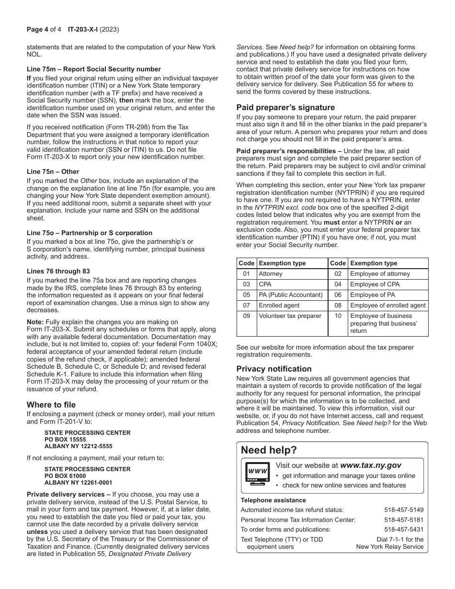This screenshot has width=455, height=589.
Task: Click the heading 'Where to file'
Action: click(51, 405)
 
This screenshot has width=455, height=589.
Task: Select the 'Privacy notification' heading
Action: click(274, 369)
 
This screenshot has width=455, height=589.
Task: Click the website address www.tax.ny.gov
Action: click(371, 465)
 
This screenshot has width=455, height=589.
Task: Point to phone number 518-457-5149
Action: click(404, 510)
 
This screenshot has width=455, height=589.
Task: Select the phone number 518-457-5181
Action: click(404, 520)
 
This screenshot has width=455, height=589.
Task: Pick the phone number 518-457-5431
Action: click(404, 529)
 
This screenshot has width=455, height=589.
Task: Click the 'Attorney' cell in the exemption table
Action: click(271, 274)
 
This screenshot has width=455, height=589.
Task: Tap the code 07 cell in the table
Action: click(246, 306)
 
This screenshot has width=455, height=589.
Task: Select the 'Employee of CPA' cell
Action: click(375, 284)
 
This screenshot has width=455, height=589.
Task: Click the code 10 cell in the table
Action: click(338, 316)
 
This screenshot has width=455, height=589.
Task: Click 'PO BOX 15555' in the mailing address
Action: click(65, 439)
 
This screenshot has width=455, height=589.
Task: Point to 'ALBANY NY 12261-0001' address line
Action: click(78, 483)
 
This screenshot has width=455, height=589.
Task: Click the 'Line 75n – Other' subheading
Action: click(53, 171)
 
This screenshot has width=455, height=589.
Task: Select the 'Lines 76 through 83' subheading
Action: click(58, 271)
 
